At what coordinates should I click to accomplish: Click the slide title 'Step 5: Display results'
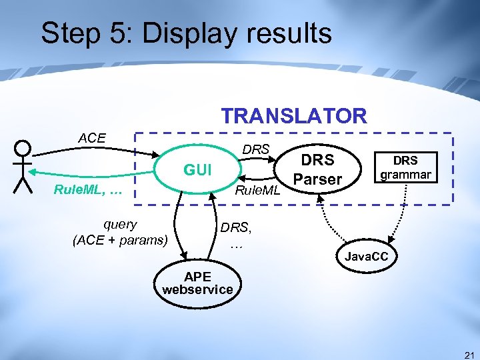[x=186, y=33]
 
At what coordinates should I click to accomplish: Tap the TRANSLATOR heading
[x=294, y=115]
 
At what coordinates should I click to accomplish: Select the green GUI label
[x=197, y=171]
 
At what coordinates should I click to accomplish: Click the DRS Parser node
[x=317, y=170]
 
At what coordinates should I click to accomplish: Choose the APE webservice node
[x=197, y=283]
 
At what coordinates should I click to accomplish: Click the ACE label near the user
[x=92, y=138]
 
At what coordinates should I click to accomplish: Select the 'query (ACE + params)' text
[x=120, y=232]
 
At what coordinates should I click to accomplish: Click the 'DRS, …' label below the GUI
[x=237, y=234]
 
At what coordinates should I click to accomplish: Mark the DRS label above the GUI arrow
[x=255, y=149]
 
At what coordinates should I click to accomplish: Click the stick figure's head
[x=23, y=148]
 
